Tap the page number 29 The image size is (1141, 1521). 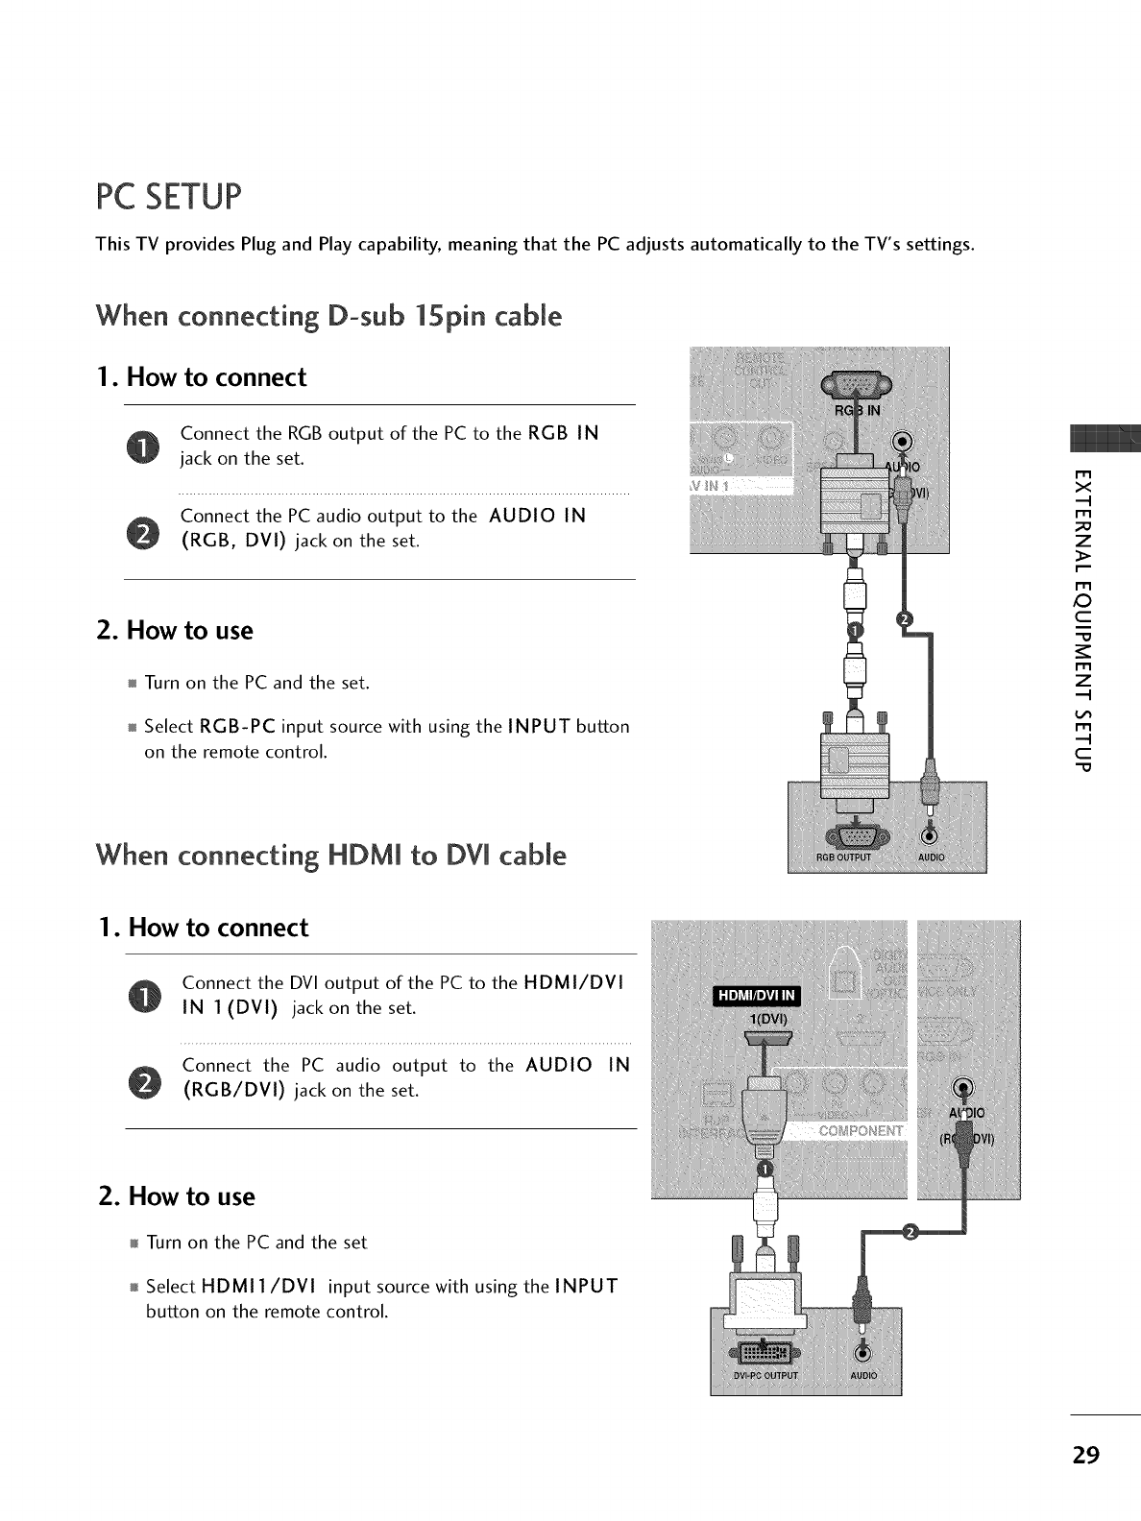click(1085, 1455)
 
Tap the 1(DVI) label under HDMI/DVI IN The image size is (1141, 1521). click(767, 1019)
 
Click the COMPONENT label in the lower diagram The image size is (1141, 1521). click(861, 1130)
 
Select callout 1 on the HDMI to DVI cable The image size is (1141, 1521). click(765, 1168)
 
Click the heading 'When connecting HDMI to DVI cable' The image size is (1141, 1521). click(330, 855)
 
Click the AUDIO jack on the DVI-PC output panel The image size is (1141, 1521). click(862, 1353)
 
